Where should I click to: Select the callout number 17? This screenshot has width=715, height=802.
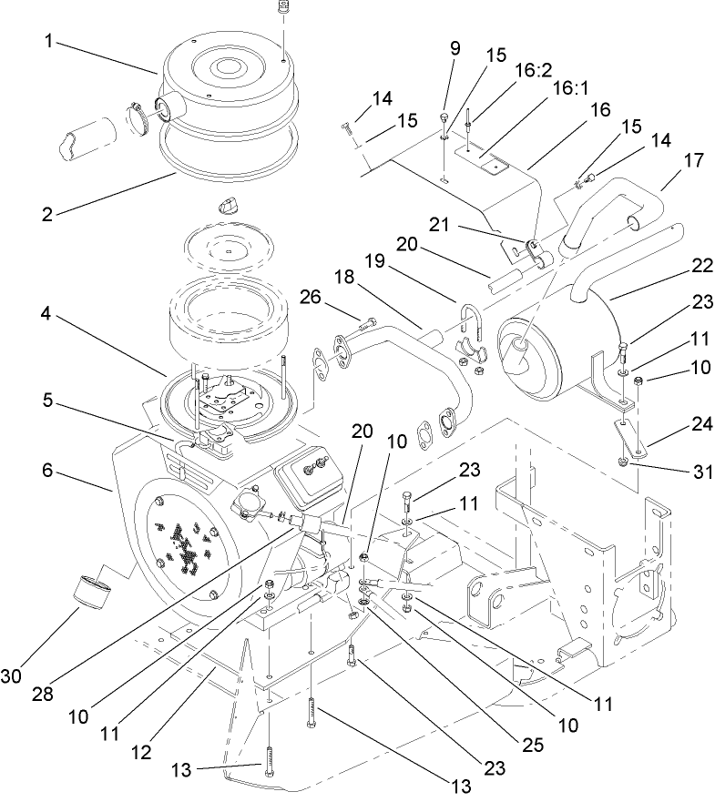(693, 160)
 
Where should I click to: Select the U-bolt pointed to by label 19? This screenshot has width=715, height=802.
(471, 320)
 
